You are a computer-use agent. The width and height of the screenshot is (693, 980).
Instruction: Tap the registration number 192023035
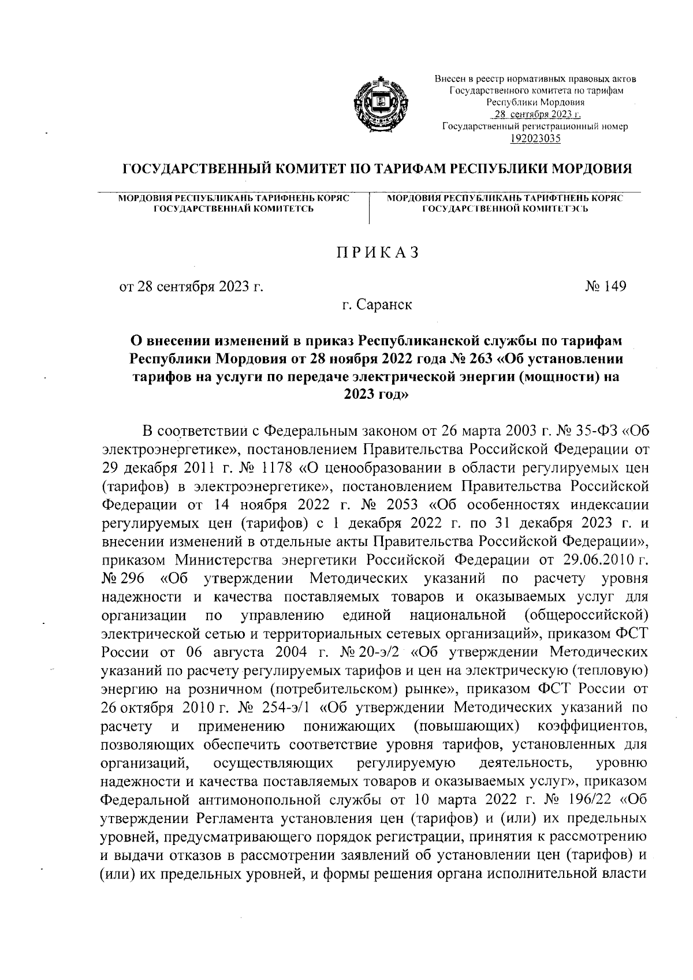pos(535,138)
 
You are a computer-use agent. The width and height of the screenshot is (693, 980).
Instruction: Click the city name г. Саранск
pos(377,304)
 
